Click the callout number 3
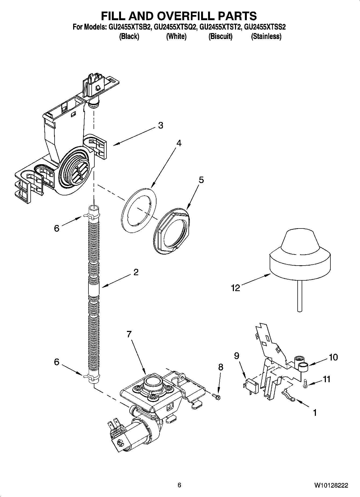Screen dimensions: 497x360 click(161, 125)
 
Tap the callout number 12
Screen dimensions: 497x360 click(235, 288)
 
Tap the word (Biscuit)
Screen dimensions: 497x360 click(220, 36)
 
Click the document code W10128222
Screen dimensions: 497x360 click(331, 485)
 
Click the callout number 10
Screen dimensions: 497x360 click(333, 357)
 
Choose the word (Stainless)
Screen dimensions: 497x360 click(266, 36)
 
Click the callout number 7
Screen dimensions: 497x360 click(129, 334)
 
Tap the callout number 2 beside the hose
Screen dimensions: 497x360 click(136, 272)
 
